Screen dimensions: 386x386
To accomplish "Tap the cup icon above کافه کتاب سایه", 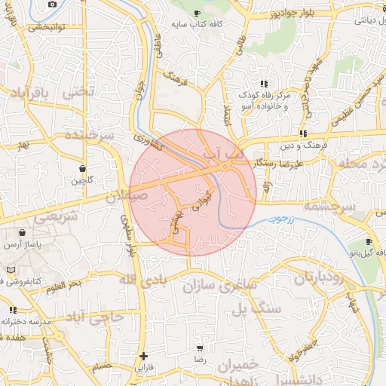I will click(197, 14).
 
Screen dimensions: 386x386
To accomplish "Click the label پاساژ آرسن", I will click(23, 244).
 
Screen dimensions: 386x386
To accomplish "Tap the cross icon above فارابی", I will click(144, 356).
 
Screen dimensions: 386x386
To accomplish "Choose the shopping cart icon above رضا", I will click(199, 349).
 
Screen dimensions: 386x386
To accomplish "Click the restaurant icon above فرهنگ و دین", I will click(302, 133).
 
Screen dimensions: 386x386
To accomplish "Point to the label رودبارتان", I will click(322, 277).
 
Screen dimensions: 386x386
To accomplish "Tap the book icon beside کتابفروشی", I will click(10, 269).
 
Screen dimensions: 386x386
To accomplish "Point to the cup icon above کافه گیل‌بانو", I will click(369, 242).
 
